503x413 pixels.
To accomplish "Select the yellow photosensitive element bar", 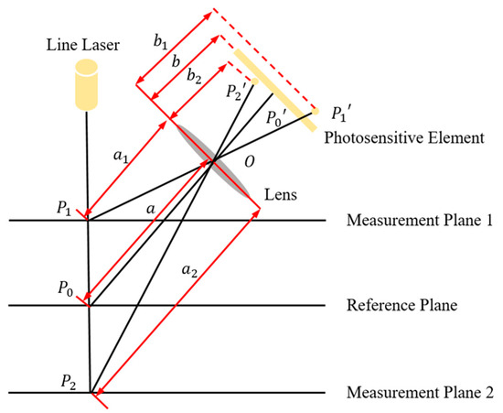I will coord(273,86).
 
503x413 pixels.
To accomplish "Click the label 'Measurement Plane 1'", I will coord(421,221).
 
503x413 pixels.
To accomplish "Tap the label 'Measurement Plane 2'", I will coord(421,394).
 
